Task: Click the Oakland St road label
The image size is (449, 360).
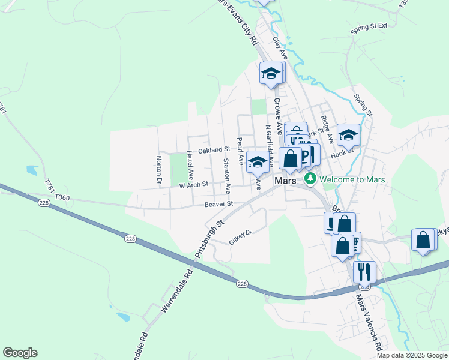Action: pyautogui.click(x=214, y=149)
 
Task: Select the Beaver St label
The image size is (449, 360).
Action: pyautogui.click(x=218, y=205)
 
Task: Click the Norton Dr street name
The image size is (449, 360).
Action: pyautogui.click(x=159, y=170)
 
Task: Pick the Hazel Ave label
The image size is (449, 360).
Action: pyautogui.click(x=190, y=165)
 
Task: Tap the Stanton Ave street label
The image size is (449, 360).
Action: pyautogui.click(x=226, y=175)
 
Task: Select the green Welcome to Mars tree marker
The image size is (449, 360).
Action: pyautogui.click(x=310, y=179)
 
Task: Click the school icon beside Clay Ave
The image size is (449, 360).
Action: pyautogui.click(x=271, y=74)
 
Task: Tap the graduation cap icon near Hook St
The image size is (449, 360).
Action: pyautogui.click(x=348, y=135)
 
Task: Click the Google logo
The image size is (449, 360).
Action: pyautogui.click(x=20, y=353)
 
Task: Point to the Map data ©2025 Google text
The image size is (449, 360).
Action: pyautogui.click(x=412, y=355)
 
